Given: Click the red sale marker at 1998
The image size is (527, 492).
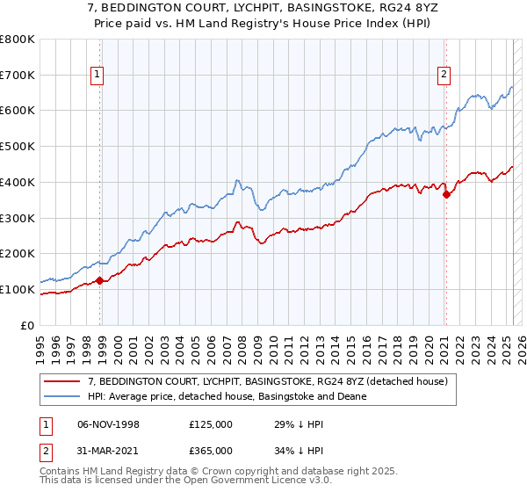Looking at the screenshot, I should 100,281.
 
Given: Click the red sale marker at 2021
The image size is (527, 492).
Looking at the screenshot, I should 446,195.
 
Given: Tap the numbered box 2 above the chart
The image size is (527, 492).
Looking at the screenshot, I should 444,75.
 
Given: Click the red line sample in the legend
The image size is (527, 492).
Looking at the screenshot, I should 64,381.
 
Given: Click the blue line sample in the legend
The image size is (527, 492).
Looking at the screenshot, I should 64,396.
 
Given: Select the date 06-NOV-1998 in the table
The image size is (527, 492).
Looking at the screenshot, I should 110,424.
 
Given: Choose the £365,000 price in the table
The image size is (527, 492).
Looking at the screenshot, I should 211,451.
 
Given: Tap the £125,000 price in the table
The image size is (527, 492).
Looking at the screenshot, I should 211,424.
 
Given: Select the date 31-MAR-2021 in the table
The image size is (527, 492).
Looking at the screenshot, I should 110,451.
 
